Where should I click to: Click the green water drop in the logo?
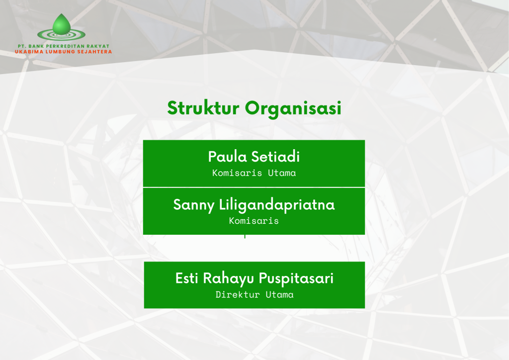point(61,25)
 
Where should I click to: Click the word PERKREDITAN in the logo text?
point(66,46)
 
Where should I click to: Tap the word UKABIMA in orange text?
point(29,52)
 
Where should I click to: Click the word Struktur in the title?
point(203,108)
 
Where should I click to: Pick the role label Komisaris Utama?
point(254,173)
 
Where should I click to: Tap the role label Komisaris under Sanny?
point(254,221)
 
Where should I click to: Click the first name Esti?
point(187,278)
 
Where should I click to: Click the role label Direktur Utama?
point(254,295)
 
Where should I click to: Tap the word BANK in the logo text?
point(36,46)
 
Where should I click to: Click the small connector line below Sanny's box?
point(245,237)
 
